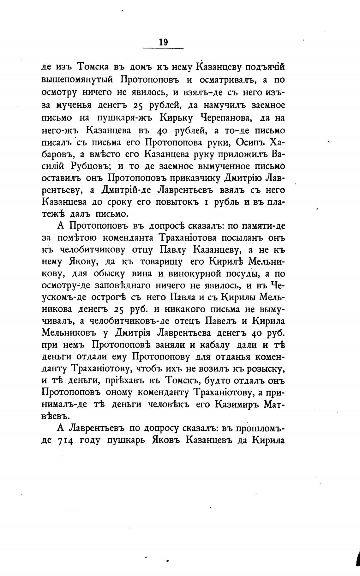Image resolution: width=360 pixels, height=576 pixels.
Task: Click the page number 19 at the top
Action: coord(163,42)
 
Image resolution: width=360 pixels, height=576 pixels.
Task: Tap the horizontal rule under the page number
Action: coord(163,48)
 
